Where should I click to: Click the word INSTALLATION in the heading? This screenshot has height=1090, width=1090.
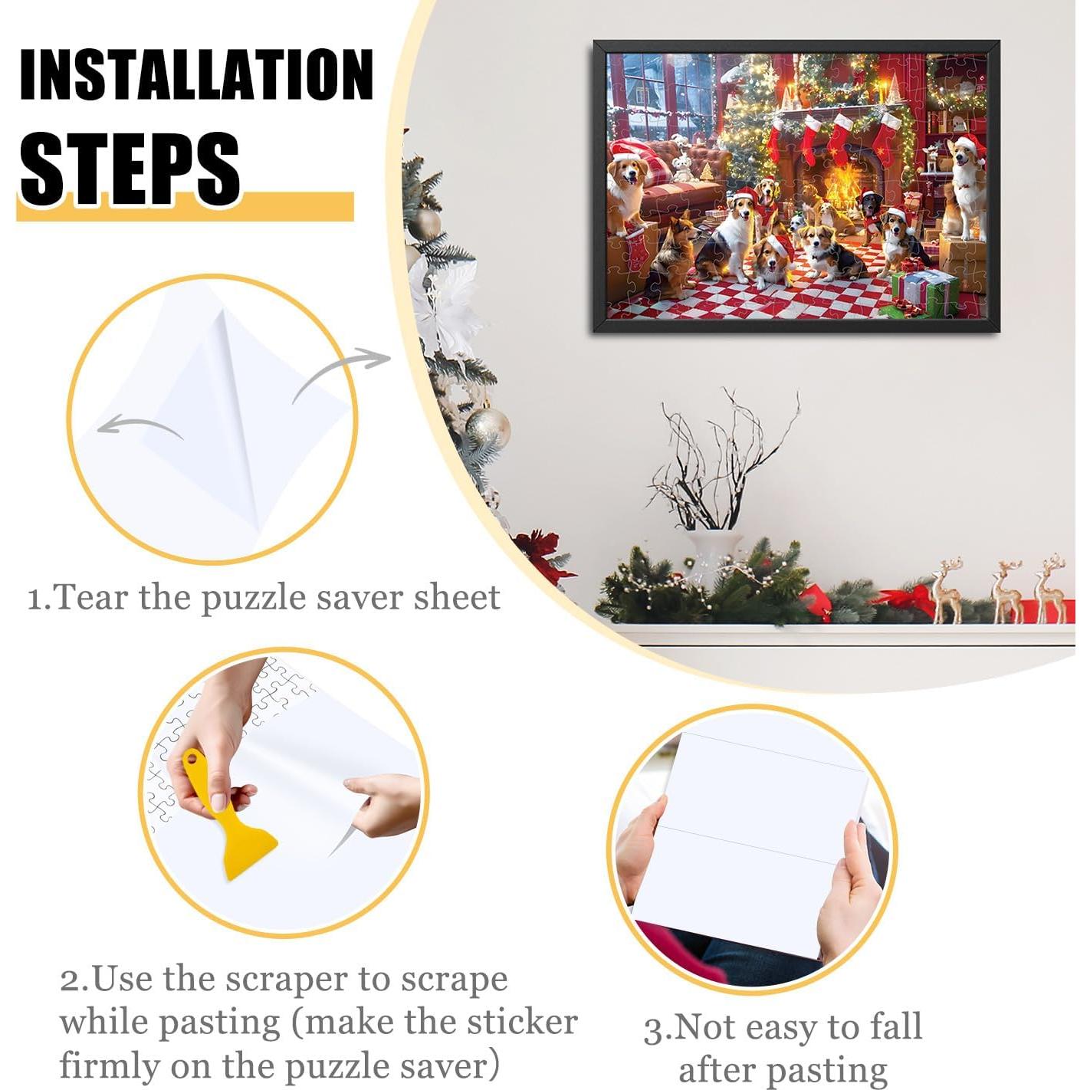196,74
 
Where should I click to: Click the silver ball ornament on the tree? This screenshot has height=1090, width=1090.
488,427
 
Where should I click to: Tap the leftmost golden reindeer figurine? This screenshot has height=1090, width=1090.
947,589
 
